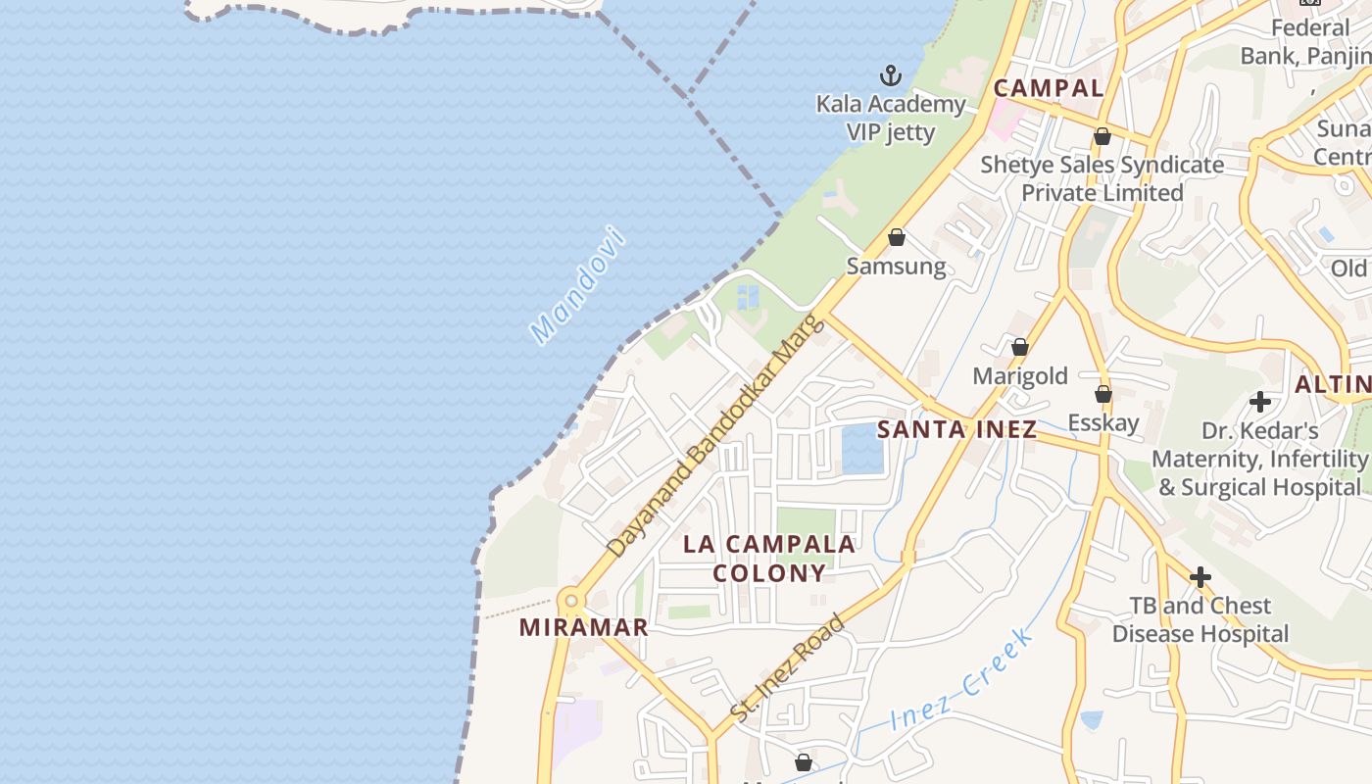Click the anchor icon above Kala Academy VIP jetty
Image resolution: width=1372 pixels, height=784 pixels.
890,75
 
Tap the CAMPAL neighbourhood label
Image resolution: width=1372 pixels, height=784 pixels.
1049,88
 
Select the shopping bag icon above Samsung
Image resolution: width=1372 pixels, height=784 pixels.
896,237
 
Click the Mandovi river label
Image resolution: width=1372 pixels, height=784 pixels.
577,285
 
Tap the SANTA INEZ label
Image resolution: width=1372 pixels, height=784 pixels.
956,429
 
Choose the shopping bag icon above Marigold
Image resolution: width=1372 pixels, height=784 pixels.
1019,347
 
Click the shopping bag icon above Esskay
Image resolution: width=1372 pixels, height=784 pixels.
1103,394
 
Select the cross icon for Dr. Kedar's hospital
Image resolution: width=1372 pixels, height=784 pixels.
1260,401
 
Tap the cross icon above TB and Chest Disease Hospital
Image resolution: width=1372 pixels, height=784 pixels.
1200,577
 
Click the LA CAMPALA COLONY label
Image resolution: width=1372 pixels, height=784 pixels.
769,559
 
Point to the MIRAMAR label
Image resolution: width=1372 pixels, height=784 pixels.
583,628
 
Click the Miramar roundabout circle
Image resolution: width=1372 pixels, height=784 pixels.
570,600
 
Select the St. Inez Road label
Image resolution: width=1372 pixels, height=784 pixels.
788,669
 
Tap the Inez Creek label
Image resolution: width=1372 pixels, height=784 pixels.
961,680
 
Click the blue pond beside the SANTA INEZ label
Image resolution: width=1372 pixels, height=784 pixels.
861,450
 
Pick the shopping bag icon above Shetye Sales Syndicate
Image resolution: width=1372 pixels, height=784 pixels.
1102,136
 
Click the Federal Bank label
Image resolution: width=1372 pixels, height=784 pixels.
1303,42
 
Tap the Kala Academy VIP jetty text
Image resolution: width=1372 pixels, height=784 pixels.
891,118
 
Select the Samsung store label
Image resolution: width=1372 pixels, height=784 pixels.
896,267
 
